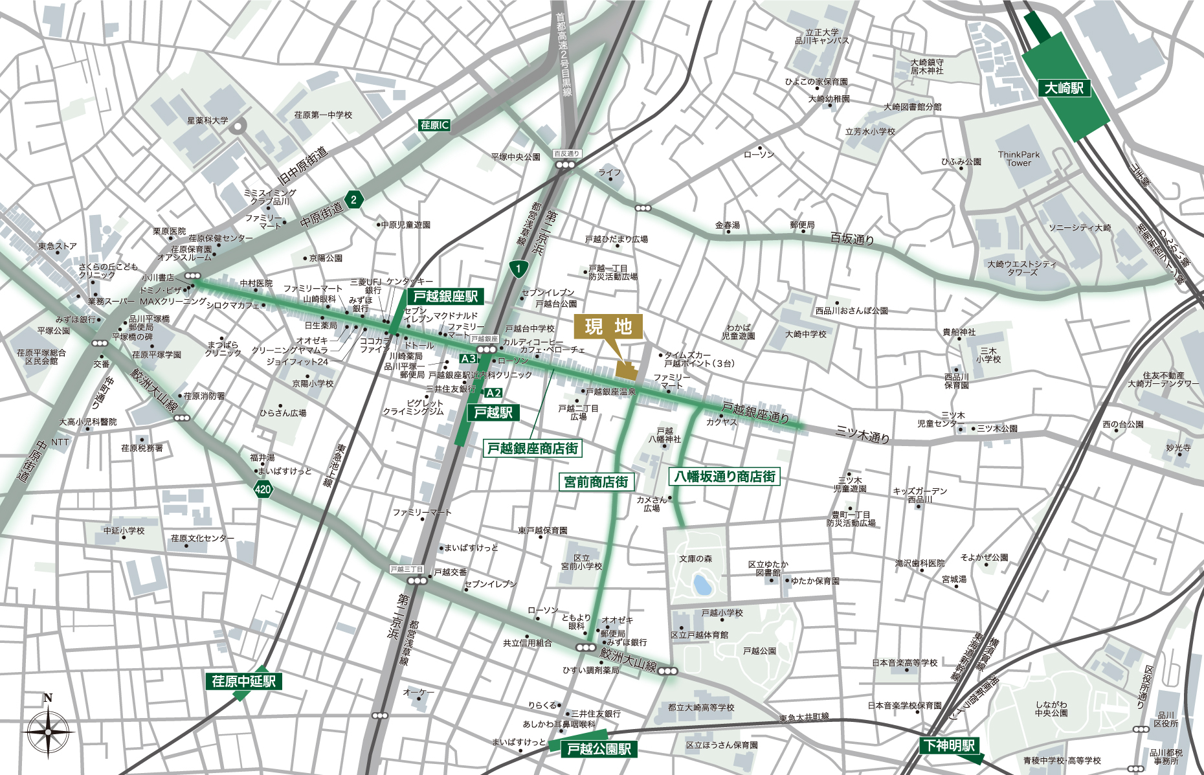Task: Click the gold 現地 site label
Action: coord(608,327)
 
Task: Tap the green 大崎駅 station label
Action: coord(1064,88)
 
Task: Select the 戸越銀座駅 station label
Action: coord(445,297)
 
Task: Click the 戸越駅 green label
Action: coord(493,412)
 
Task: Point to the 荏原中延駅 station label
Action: coord(243,681)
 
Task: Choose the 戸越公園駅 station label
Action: coord(598,749)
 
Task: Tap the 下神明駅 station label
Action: coord(948,745)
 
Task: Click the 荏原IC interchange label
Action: coord(434,125)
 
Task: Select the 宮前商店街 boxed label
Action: coord(596,482)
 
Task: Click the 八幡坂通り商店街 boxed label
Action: coord(724,477)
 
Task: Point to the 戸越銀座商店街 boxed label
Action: coord(532,448)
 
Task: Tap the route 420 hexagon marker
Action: coord(263,489)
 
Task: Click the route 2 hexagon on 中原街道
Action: coord(353,199)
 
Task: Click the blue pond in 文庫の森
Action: coord(701,585)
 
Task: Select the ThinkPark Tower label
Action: coord(1018,159)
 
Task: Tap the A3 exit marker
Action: coord(468,359)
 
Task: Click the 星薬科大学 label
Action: coord(207,120)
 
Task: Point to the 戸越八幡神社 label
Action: coord(665,435)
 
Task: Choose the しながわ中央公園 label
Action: coord(1051,708)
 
